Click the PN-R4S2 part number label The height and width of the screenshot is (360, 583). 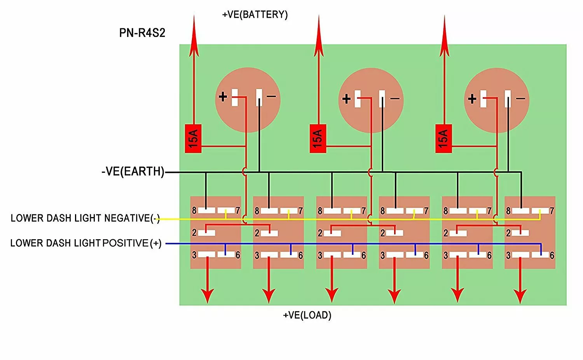[142, 33]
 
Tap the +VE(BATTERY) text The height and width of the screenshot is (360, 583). [255, 14]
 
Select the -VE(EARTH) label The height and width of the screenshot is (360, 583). [133, 171]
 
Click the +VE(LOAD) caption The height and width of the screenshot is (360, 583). [307, 315]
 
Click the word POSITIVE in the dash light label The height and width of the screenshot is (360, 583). [126, 243]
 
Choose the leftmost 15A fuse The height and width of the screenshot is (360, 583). [193, 138]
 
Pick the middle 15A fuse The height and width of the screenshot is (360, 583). [318, 138]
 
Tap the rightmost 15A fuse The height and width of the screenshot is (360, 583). [443, 138]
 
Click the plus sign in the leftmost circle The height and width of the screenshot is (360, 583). [223, 97]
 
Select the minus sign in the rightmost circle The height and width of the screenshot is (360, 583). [520, 98]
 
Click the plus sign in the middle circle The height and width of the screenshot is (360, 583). [346, 99]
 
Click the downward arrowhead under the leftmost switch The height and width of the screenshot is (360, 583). [208, 296]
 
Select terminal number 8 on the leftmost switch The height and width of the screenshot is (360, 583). [194, 210]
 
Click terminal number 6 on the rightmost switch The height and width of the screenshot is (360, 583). [552, 256]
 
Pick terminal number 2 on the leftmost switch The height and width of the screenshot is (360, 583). [194, 233]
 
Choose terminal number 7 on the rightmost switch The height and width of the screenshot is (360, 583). [552, 210]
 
